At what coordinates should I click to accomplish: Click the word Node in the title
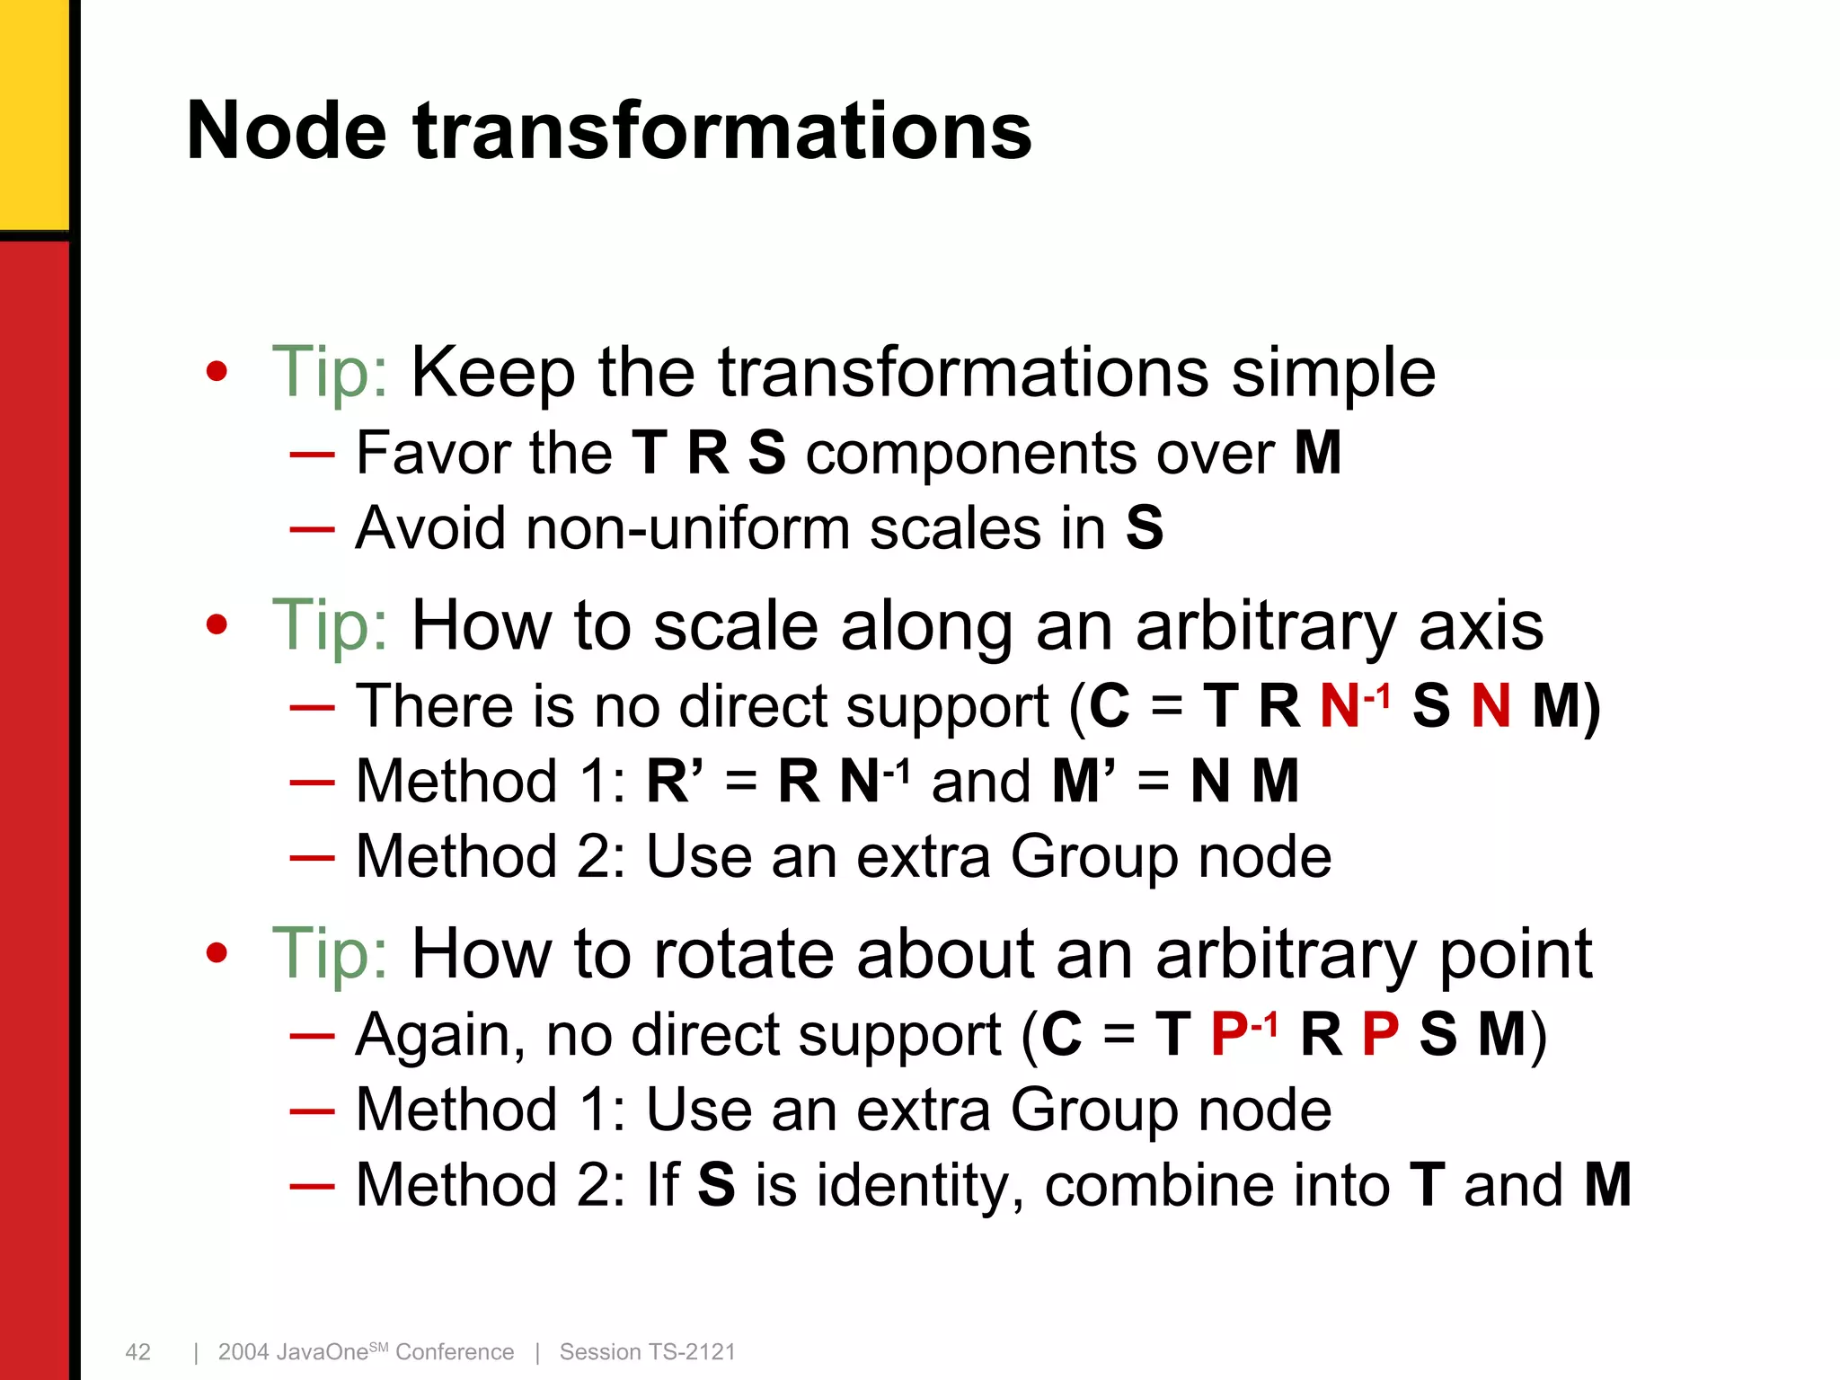(287, 131)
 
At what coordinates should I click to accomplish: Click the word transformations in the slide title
(722, 131)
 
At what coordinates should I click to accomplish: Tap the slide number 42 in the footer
(137, 1351)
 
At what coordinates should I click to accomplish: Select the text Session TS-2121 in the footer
(647, 1351)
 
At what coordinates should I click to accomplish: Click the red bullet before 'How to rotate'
(217, 953)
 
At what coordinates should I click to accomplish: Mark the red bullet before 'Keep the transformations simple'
(217, 372)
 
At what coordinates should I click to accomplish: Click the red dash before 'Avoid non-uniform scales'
(312, 529)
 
